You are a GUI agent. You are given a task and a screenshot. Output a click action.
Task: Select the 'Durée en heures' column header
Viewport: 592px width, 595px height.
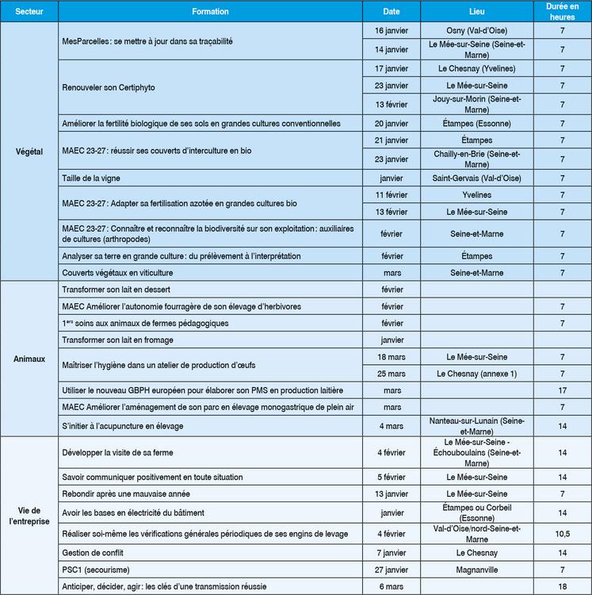(562, 11)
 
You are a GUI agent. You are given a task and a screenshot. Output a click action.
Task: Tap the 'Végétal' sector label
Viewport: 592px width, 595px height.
(29, 150)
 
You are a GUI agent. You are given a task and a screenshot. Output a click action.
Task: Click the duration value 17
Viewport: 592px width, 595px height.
(562, 391)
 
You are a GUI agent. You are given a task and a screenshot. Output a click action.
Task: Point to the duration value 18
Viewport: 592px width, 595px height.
(562, 586)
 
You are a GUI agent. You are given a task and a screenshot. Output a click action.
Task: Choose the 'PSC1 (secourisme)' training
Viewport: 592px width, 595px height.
(95, 570)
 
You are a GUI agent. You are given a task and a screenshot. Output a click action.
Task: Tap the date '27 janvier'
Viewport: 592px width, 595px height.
(391, 570)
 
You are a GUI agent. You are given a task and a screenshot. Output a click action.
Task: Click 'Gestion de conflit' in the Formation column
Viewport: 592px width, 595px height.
(93, 552)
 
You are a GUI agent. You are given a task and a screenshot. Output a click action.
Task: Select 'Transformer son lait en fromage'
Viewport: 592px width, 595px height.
(117, 340)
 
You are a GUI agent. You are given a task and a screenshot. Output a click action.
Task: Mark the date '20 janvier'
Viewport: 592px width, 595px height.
(391, 123)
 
